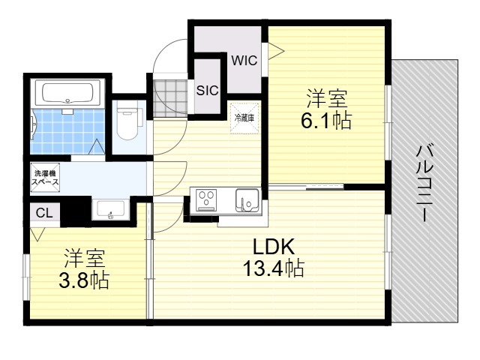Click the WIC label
pyautogui.click(x=244, y=60)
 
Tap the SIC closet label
pyautogui.click(x=207, y=90)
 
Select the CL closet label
pyautogui.click(x=44, y=213)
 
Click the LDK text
pyautogui.click(x=274, y=247)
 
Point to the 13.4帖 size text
pyautogui.click(x=273, y=268)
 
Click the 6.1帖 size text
pyautogui.click(x=326, y=121)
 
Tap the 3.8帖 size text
pyautogui.click(x=84, y=280)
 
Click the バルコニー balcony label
pyautogui.click(x=425, y=183)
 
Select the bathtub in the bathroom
pyautogui.click(x=67, y=92)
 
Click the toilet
pyautogui.click(x=127, y=120)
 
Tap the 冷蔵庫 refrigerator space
pyautogui.click(x=244, y=118)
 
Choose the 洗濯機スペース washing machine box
pyautogui.click(x=45, y=178)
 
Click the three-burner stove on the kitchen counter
pyautogui.click(x=207, y=200)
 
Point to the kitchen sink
pyautogui.click(x=247, y=200)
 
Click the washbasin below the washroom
pyautogui.click(x=110, y=209)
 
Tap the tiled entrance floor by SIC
pyautogui.click(x=170, y=98)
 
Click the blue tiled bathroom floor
pyautogui.click(x=68, y=131)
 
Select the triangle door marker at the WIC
pyautogui.click(x=275, y=50)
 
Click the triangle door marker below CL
pyautogui.click(x=37, y=234)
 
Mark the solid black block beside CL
pyautogui.click(x=76, y=211)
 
